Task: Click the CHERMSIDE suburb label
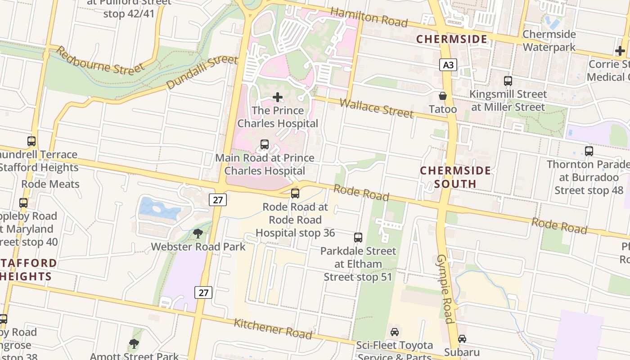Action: click(451, 39)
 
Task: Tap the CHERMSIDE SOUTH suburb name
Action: click(455, 177)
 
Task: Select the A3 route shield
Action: click(448, 65)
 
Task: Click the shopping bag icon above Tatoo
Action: click(443, 96)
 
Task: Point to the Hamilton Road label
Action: click(369, 17)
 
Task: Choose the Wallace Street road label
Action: click(376, 108)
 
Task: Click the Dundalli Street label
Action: click(201, 72)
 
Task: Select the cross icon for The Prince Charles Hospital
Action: click(278, 97)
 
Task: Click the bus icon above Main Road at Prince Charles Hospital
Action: click(265, 144)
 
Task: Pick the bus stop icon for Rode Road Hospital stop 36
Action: click(295, 193)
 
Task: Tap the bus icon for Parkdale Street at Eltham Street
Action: click(358, 237)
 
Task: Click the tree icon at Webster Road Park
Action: click(198, 233)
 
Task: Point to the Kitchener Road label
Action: click(273, 329)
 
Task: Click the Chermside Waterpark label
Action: click(549, 40)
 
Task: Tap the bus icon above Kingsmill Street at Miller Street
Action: click(508, 81)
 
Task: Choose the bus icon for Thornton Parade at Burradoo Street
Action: click(589, 151)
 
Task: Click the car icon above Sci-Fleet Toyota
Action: click(395, 332)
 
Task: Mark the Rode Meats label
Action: click(50, 184)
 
